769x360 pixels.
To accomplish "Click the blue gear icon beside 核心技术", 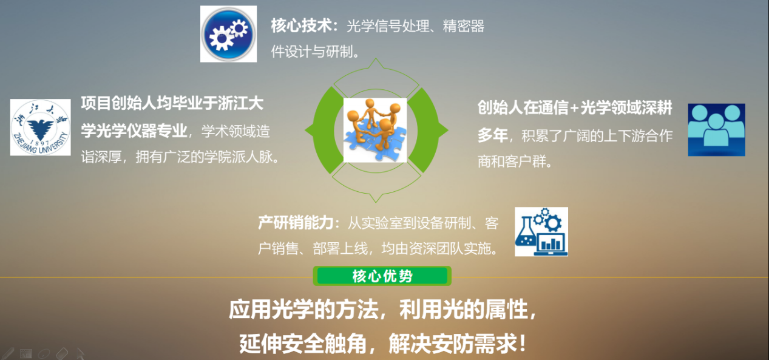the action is [x=228, y=33].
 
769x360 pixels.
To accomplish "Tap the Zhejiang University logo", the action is [x=41, y=127].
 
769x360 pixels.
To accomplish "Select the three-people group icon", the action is [x=716, y=130].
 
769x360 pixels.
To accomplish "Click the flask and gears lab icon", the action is [x=541, y=231].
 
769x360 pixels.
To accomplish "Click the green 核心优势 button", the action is [x=382, y=276].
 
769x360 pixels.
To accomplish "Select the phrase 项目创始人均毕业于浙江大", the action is [x=172, y=103].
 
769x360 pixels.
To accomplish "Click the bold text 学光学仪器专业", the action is [x=134, y=131].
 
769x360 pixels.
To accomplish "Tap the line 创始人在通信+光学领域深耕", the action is [x=575, y=107].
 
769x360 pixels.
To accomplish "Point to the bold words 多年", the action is [x=493, y=135].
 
